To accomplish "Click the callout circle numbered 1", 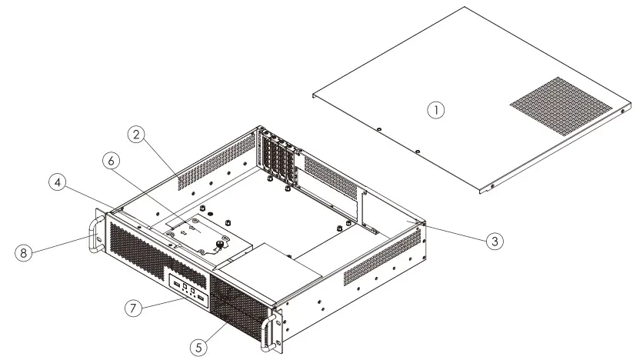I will [436, 110].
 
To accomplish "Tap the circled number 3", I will [495, 241].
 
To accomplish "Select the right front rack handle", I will [269, 329].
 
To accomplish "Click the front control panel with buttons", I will [189, 290].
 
